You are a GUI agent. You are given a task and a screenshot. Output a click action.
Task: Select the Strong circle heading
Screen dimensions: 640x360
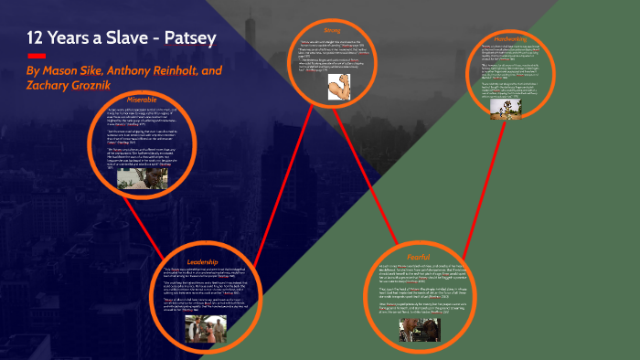(x=332, y=30)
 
